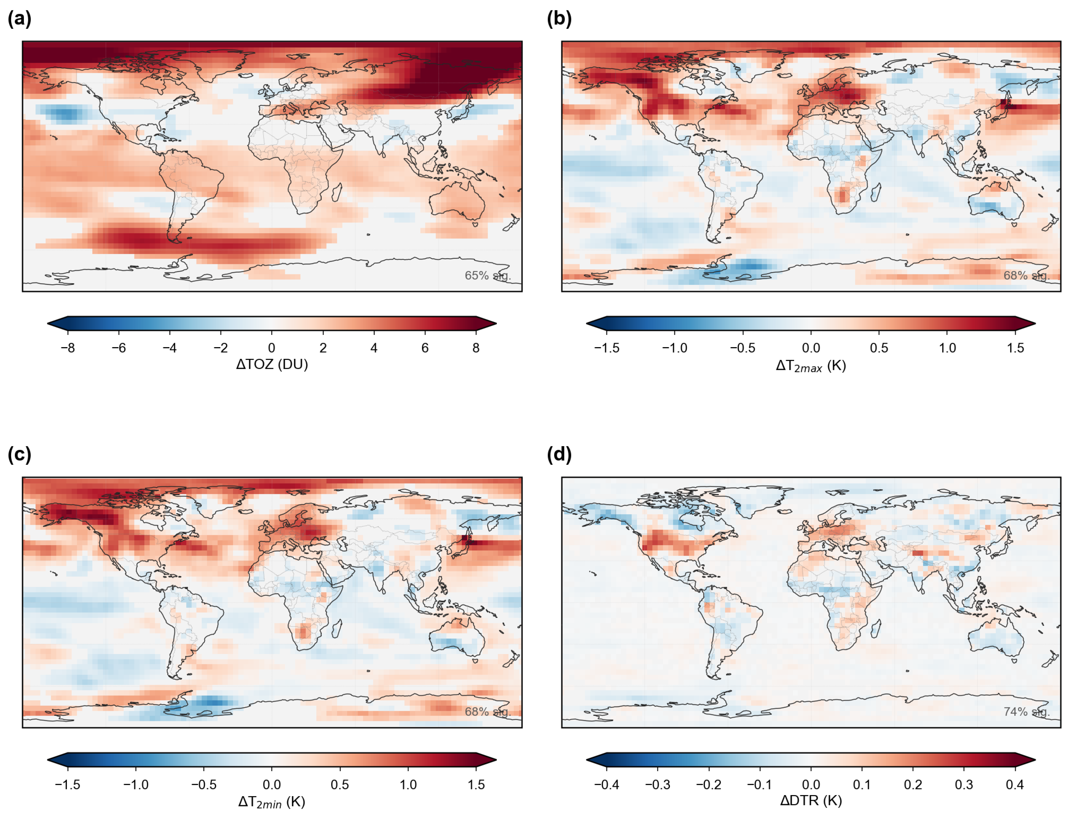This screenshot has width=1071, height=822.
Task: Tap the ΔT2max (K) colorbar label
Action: click(x=811, y=366)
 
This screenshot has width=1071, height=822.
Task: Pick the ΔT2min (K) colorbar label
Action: click(x=272, y=801)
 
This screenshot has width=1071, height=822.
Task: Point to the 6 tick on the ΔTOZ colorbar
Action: click(x=425, y=348)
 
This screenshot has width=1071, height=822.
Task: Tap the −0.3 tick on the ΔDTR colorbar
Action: click(x=657, y=784)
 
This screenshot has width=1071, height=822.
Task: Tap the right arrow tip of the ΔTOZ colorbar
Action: click(x=497, y=323)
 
